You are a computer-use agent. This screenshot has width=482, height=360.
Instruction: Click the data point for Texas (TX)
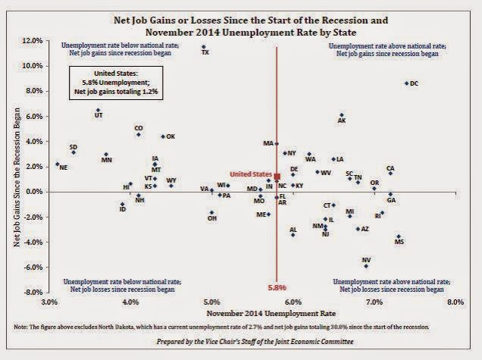click(203, 47)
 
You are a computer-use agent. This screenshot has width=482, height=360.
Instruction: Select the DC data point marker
click(406, 83)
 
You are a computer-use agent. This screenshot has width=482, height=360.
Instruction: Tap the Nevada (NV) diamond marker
click(366, 266)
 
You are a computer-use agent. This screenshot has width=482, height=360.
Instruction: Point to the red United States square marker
click(277, 176)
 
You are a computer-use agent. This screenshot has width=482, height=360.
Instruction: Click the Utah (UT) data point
click(98, 110)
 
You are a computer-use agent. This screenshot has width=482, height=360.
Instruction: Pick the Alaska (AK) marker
click(342, 114)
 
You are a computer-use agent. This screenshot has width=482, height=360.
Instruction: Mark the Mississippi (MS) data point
click(398, 236)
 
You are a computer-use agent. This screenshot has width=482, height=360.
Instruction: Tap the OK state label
click(171, 136)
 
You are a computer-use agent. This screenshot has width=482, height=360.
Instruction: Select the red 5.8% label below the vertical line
click(277, 287)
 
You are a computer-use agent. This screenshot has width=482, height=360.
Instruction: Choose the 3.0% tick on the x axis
click(50, 302)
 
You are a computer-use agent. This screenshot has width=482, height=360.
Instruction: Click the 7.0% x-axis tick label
click(374, 302)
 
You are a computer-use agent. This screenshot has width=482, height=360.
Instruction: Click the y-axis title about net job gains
click(17, 167)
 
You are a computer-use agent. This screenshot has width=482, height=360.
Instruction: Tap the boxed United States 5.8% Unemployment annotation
click(115, 81)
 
